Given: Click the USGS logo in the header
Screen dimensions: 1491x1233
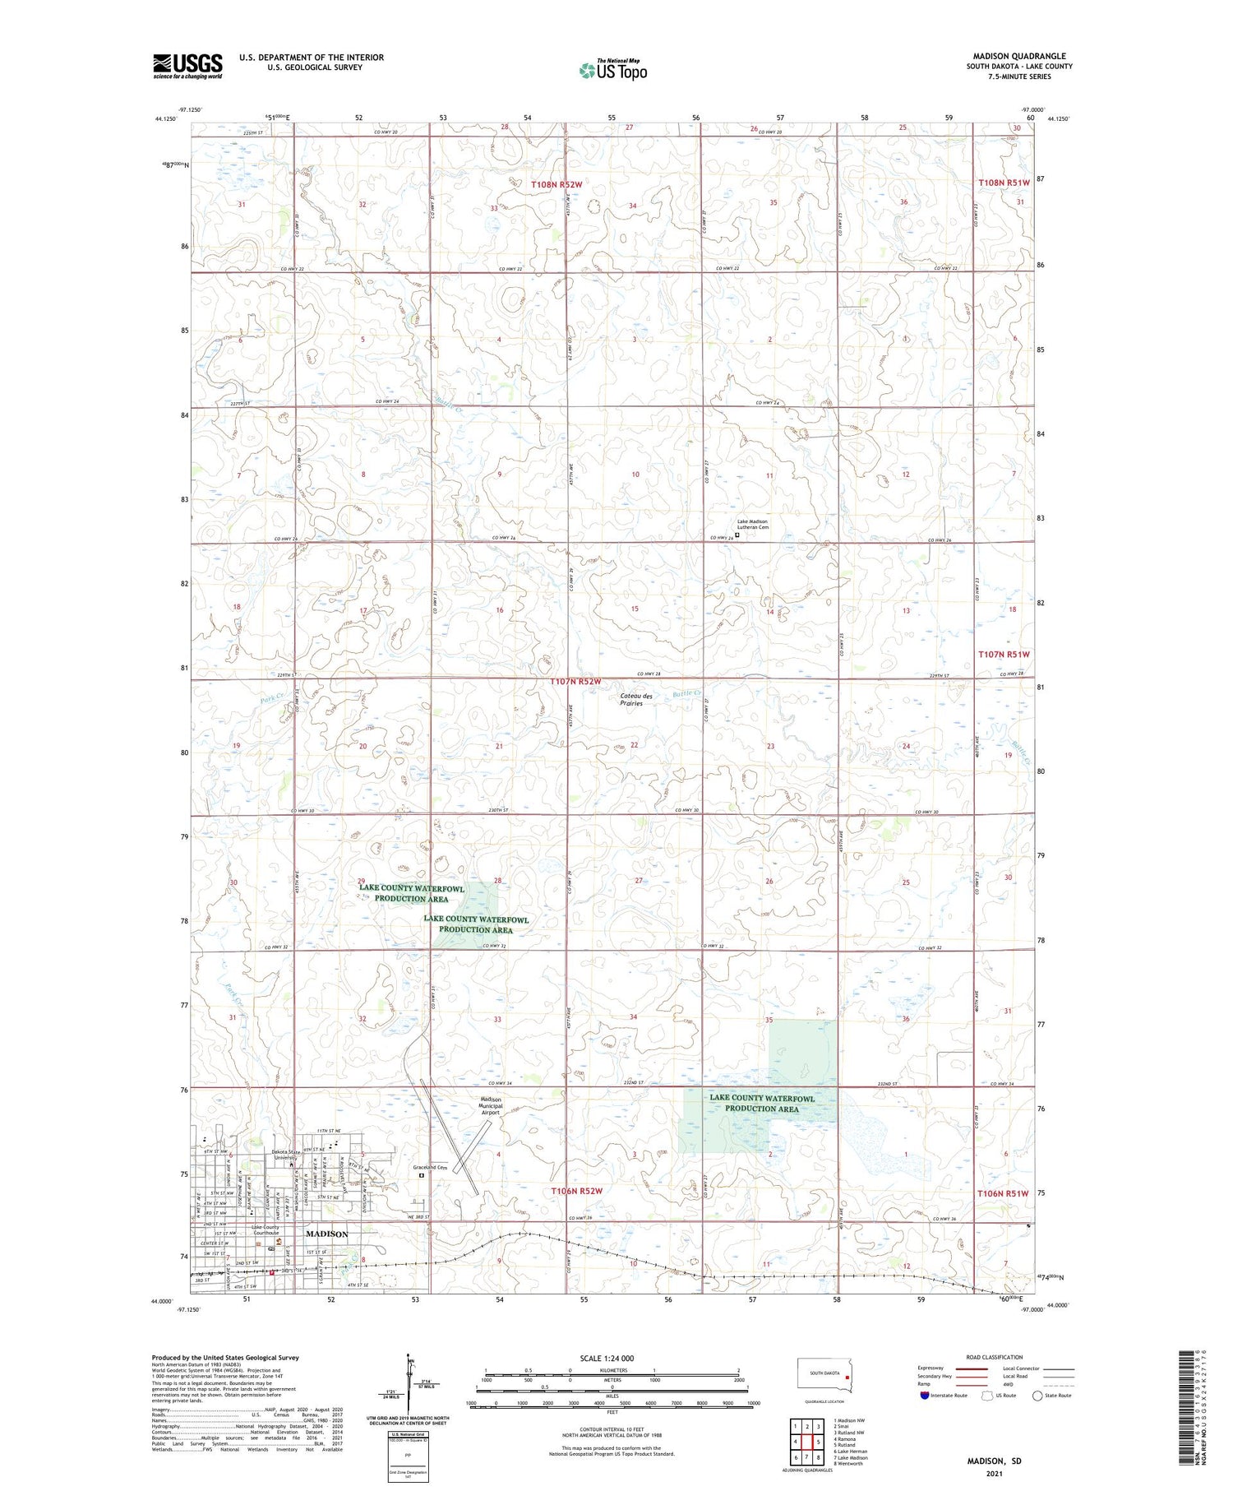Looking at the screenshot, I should point(187,65).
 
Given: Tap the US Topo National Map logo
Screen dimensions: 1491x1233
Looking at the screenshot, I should point(612,71).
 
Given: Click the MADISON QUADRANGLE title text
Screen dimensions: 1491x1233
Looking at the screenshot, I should point(1018,57).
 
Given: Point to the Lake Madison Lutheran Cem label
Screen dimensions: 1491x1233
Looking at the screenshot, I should point(752,525).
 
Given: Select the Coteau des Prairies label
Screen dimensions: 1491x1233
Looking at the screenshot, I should point(636,700).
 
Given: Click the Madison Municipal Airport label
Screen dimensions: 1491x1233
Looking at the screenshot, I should point(491,1106).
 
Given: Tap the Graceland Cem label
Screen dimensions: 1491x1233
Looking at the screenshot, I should point(431,1167).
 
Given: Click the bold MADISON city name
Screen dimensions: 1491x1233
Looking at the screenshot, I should point(327,1234).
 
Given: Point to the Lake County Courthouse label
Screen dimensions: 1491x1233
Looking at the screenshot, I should point(265,1230).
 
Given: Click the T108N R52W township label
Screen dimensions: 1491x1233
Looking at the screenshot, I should point(556,185).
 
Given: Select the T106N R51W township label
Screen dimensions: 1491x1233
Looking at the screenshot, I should point(1003,1193).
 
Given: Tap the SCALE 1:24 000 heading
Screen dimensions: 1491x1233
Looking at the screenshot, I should point(607,1359).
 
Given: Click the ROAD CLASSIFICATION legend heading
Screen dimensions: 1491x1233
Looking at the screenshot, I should point(994,1357).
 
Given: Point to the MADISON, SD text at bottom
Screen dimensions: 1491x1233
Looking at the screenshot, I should point(994,1461).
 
